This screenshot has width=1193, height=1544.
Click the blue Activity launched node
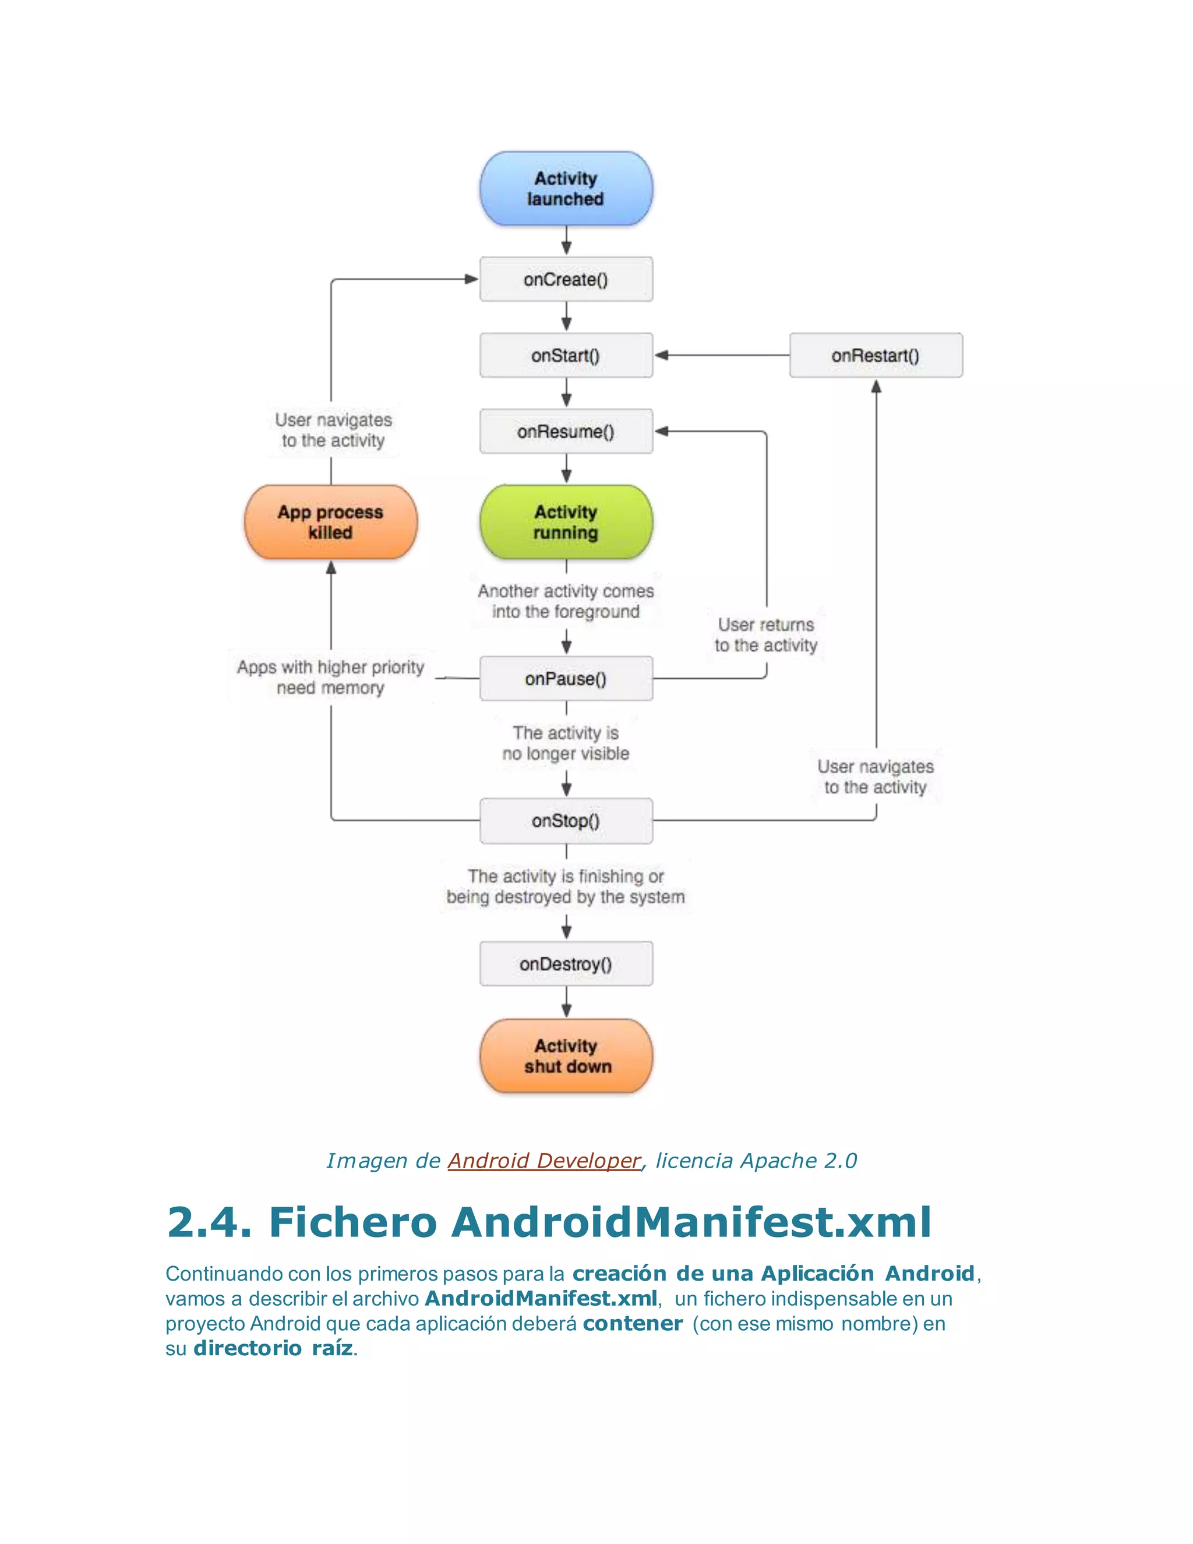coord(566,189)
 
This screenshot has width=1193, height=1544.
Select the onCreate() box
coord(566,279)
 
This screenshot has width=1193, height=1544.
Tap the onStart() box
coord(566,355)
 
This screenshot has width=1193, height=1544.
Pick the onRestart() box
coord(875,355)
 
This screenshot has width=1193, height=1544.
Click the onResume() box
coord(566,431)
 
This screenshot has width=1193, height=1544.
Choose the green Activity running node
coord(566,521)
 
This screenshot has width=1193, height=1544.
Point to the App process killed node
coord(330,521)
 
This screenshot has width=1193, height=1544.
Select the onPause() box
coord(566,679)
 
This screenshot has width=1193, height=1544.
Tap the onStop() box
coord(566,821)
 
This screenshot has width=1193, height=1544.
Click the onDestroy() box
coord(566,964)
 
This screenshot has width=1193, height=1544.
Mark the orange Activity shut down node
coord(566,1056)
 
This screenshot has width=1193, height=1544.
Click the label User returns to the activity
coord(765,635)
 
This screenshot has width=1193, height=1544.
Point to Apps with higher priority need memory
coord(330,677)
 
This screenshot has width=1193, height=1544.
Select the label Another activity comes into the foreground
coord(566,601)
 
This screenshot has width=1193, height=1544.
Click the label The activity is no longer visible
coord(566,743)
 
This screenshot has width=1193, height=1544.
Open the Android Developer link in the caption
coord(543,1161)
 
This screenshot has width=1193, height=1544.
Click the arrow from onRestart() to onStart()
coord(721,355)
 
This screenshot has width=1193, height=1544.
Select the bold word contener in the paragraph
coord(633,1323)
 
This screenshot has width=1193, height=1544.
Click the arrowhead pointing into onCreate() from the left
coord(471,279)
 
